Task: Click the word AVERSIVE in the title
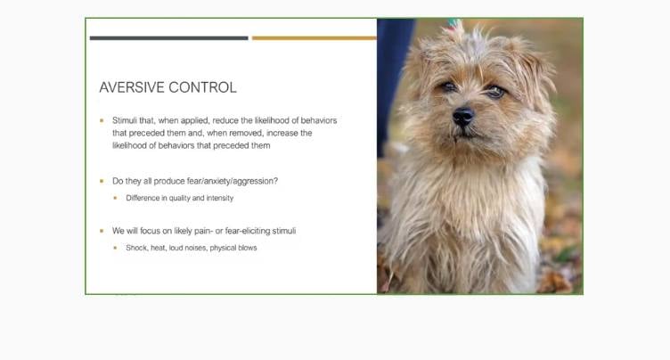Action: tap(132, 87)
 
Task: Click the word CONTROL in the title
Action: tap(202, 87)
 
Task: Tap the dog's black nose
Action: tap(462, 116)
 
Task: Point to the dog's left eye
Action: tap(495, 91)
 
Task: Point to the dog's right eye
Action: tap(448, 86)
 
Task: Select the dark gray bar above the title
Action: tap(168, 38)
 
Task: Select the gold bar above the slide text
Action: tap(314, 38)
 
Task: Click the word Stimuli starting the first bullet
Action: tap(125, 120)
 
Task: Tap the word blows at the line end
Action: tap(245, 248)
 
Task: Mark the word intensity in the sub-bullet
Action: tap(220, 198)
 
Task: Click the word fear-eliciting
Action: tap(248, 231)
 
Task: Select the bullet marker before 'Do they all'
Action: tap(102, 181)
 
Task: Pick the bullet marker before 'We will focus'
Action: tap(102, 231)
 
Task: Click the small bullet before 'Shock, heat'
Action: tap(115, 248)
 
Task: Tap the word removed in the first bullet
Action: tap(246, 133)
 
